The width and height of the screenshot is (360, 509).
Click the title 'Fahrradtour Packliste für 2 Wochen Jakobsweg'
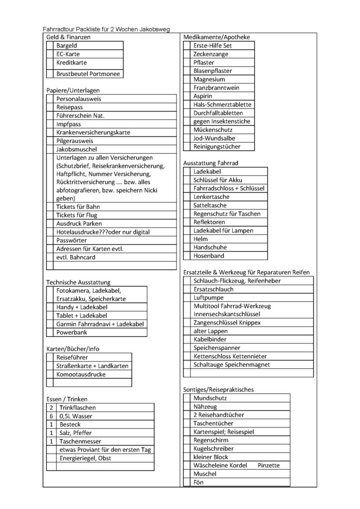106,29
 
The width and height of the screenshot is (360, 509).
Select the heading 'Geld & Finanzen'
69,37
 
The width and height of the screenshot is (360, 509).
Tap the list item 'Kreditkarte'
72,63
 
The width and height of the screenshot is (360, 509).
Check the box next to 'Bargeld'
50,46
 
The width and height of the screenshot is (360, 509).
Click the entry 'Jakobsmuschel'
77,149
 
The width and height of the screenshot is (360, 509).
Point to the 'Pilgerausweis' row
75,141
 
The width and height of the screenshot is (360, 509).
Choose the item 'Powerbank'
73,332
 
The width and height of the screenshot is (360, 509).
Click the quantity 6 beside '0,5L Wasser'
51,416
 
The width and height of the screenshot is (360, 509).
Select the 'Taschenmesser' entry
80,441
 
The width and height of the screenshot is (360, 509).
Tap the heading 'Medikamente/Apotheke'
216,37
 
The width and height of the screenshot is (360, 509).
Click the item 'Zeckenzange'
211,54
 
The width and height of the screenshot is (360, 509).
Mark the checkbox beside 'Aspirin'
188,96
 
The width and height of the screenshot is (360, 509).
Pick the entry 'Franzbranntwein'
216,87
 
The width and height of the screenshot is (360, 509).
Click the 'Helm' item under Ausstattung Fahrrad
201,239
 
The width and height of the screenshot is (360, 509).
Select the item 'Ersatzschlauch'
213,289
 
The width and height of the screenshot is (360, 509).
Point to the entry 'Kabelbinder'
210,339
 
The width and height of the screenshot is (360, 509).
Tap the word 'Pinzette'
269,465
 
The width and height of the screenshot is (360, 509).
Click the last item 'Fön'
198,482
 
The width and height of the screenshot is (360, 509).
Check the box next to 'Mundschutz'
187,398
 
